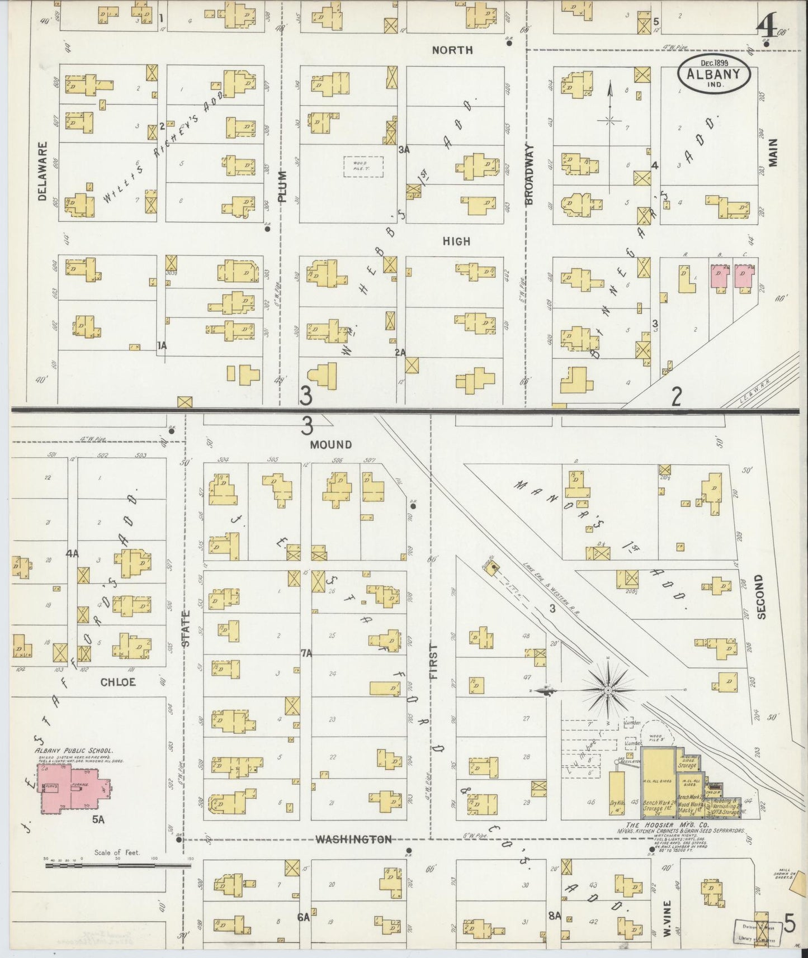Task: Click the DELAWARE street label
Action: tap(42, 170)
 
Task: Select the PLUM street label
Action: tap(282, 186)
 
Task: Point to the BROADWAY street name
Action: tap(530, 174)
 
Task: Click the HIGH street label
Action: tap(456, 241)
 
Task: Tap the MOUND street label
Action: tap(332, 444)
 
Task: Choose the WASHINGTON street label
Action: tap(353, 839)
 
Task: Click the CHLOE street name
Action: tap(118, 682)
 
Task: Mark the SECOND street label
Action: tap(760, 596)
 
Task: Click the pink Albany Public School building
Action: tap(70, 789)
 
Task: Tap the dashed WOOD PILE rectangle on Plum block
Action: tap(363, 167)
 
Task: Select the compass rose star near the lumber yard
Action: tap(608, 691)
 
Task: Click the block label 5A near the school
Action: tap(98, 820)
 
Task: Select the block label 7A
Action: tap(306, 653)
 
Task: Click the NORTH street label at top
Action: tap(452, 50)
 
